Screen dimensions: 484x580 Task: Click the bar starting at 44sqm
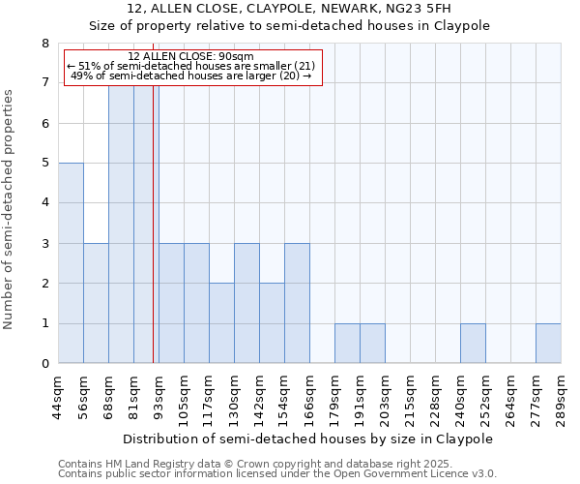click(71, 263)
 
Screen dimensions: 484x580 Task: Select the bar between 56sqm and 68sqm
click(96, 303)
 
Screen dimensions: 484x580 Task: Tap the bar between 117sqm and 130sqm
click(221, 323)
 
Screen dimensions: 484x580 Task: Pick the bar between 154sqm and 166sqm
click(297, 303)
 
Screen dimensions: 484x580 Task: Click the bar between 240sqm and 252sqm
click(473, 344)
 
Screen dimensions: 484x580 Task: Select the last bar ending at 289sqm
click(548, 344)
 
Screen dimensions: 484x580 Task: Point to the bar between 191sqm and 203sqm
click(372, 344)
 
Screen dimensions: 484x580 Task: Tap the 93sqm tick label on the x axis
click(159, 392)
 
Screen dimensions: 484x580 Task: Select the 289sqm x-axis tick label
click(562, 394)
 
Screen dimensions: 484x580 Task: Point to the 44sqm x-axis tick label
click(59, 392)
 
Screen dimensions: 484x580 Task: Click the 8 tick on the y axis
click(44, 44)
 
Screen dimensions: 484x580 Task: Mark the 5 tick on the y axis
click(44, 164)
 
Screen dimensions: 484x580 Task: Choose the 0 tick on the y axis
click(44, 364)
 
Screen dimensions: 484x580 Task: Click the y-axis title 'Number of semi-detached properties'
click(10, 209)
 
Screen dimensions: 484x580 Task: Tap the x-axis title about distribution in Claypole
click(308, 439)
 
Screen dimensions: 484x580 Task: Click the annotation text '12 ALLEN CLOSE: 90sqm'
click(190, 56)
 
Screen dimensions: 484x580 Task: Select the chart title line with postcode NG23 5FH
click(289, 9)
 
